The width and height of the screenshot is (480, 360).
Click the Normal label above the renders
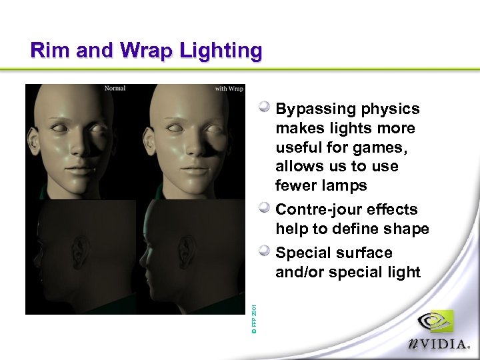tap(115, 88)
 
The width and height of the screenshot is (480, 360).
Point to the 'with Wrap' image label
tap(229, 89)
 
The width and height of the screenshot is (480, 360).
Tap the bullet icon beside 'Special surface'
tap(265, 252)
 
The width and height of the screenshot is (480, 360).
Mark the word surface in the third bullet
tap(364, 253)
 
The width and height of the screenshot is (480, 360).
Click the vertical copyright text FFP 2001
tap(254, 317)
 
